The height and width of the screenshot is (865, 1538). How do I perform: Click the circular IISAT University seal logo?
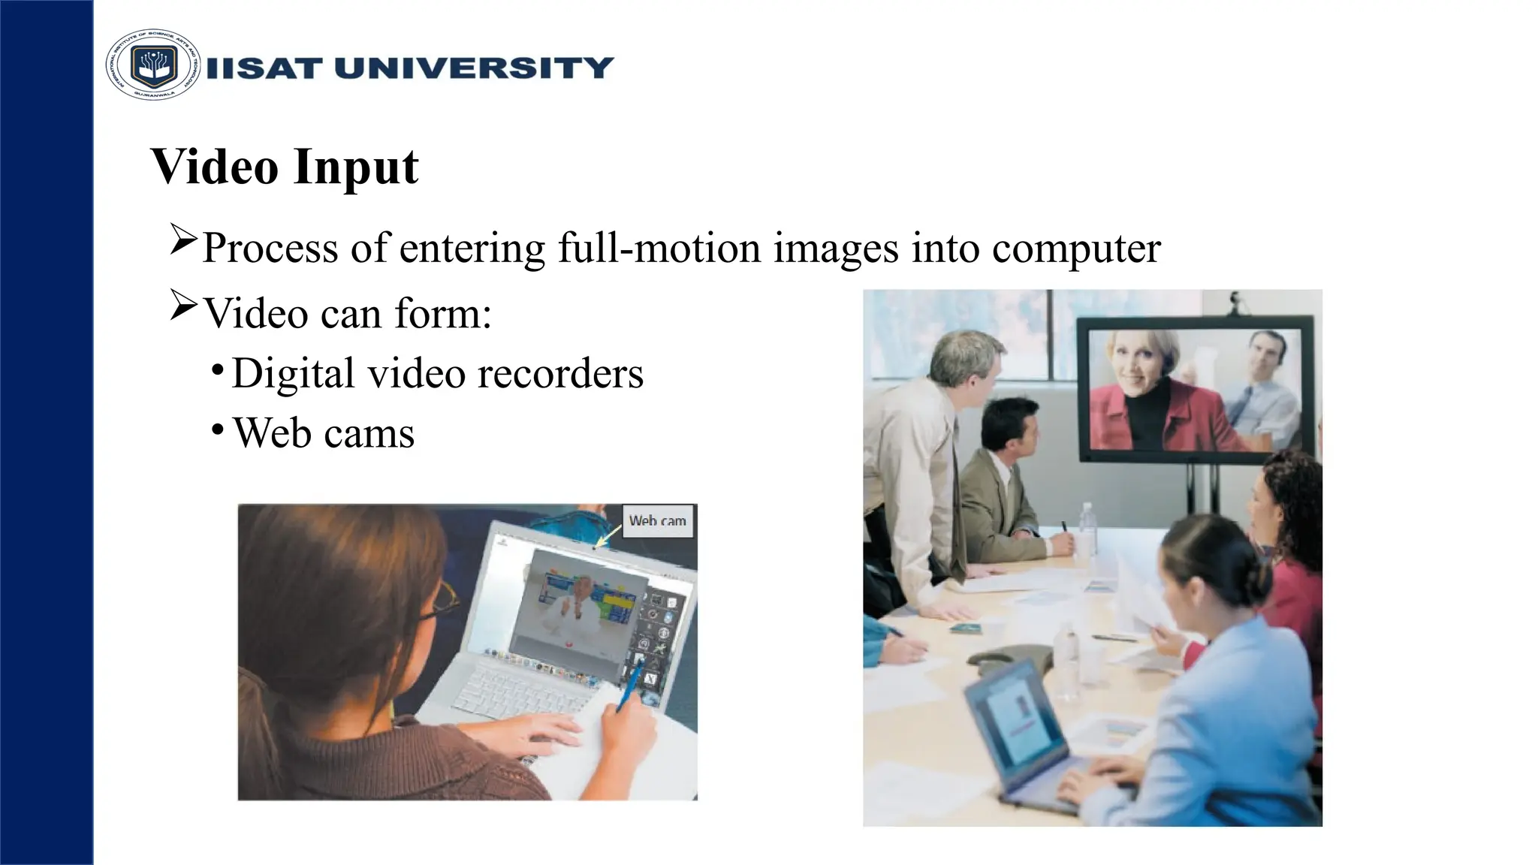pos(153,65)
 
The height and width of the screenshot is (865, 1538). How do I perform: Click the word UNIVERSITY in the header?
pos(474,68)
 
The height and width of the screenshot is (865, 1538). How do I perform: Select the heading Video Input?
pos(285,167)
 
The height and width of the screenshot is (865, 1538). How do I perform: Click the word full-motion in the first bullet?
pos(659,248)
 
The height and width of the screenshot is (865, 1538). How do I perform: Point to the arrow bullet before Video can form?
pos(183,305)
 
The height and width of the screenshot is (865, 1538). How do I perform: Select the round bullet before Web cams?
pos(217,429)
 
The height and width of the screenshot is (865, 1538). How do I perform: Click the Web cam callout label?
pos(657,520)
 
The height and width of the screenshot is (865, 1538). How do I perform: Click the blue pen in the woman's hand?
pos(629,686)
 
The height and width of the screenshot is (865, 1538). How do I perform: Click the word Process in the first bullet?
pos(270,248)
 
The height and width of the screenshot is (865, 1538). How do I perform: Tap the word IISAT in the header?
pos(264,68)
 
